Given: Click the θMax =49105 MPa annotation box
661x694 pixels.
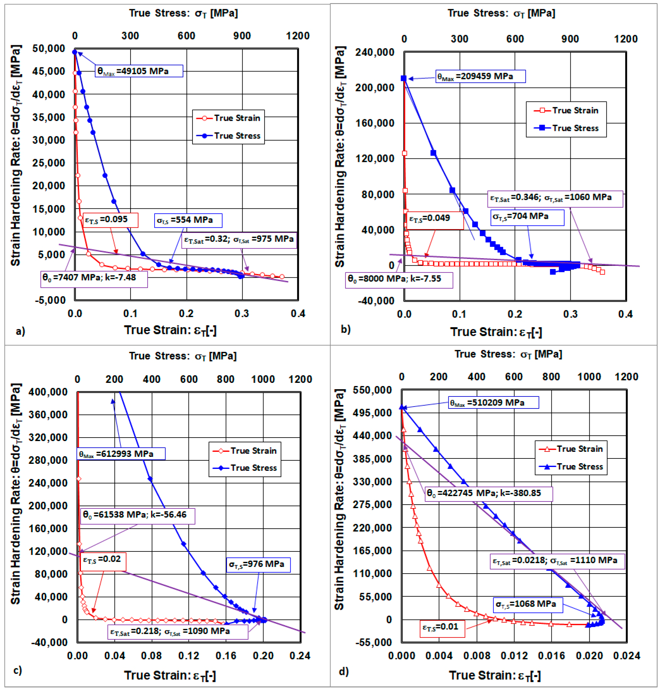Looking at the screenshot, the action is [139, 71].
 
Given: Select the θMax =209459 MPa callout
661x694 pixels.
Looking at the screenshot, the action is [481, 76].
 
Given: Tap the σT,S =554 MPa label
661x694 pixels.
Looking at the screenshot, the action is [188, 220].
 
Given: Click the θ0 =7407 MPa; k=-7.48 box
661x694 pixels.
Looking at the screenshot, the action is [94, 278].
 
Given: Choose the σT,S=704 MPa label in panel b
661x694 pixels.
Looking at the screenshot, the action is [527, 217].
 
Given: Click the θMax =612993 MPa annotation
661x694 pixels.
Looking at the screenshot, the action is [121, 454].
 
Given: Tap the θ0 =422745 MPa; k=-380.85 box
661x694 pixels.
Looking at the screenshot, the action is [489, 493].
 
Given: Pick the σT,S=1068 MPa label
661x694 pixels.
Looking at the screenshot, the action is [528, 605].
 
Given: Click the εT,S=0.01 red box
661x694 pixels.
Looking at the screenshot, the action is [442, 627].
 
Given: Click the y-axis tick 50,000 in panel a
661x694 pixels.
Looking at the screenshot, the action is [49, 48].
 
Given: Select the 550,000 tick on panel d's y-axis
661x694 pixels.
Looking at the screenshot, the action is [373, 390].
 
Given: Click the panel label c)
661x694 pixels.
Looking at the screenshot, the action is [18, 670].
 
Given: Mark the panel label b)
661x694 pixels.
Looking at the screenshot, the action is [346, 329].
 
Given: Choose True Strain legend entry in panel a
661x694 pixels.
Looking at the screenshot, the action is [228, 118].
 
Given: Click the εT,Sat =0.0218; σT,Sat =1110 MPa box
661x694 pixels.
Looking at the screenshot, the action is [557, 561].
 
